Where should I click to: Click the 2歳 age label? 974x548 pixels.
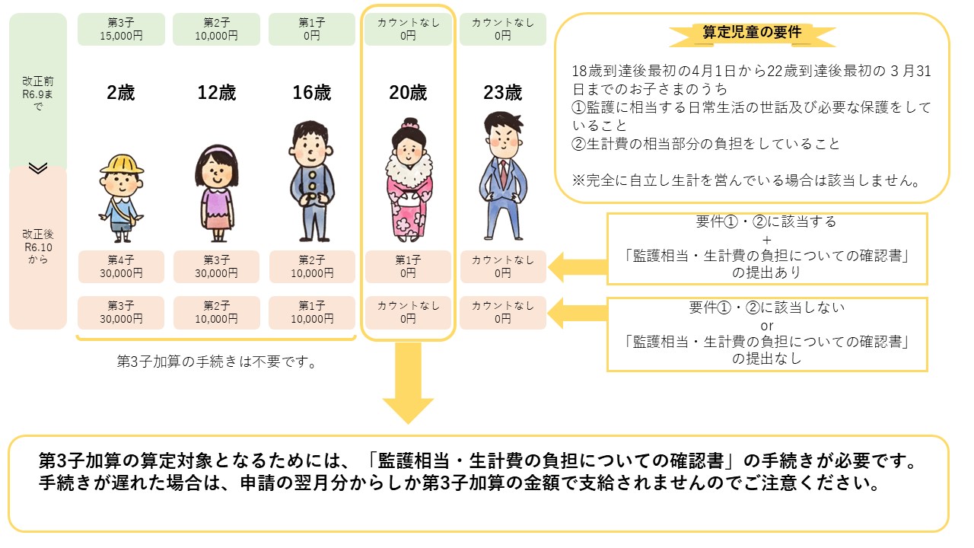pyautogui.click(x=121, y=94)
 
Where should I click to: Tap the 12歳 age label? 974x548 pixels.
pyautogui.click(x=217, y=94)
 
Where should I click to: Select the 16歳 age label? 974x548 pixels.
pyautogui.click(x=312, y=94)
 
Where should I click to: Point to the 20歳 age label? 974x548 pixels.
pyautogui.click(x=408, y=94)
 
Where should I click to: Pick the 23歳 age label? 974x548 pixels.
pyautogui.click(x=503, y=94)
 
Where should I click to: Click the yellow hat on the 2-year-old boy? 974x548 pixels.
pyautogui.click(x=122, y=163)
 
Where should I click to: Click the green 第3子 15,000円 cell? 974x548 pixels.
pyautogui.click(x=121, y=29)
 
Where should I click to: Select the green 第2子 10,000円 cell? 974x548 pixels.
pyautogui.click(x=217, y=29)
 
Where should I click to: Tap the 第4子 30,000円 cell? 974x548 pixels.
pyautogui.click(x=121, y=266)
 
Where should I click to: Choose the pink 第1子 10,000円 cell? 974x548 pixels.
pyautogui.click(x=312, y=312)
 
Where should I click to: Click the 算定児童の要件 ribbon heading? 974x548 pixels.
pyautogui.click(x=753, y=33)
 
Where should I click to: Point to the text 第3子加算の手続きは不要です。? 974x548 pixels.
pyautogui.click(x=217, y=362)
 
